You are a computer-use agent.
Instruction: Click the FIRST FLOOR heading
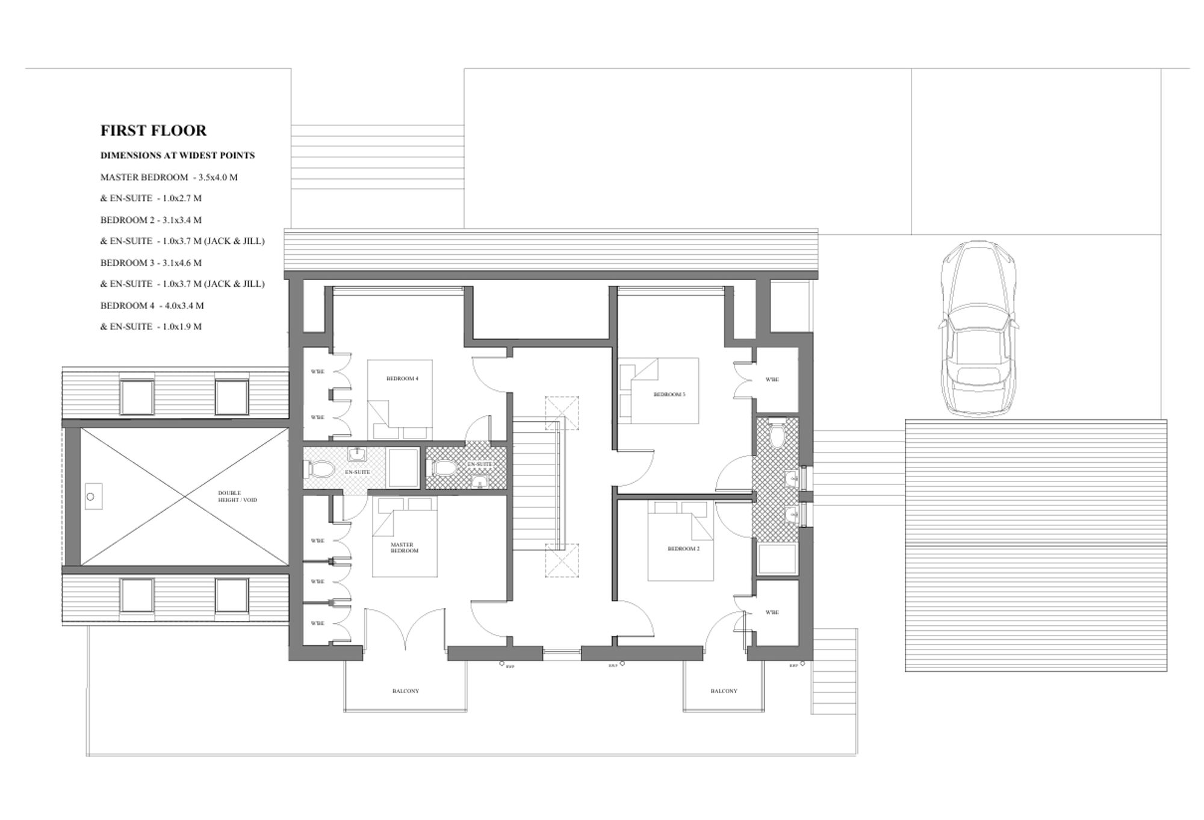click(153, 130)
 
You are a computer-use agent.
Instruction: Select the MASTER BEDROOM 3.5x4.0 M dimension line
click(169, 177)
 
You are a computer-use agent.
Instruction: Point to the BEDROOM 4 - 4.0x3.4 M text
click(152, 305)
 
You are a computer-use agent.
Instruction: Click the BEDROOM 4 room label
click(402, 378)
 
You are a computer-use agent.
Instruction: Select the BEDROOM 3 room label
click(669, 394)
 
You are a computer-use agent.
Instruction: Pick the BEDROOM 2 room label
click(683, 549)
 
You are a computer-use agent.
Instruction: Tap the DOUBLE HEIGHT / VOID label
click(237, 496)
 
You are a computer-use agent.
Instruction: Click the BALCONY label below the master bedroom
click(405, 691)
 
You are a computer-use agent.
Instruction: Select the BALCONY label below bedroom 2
click(724, 691)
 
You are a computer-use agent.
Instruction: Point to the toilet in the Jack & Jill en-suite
click(777, 434)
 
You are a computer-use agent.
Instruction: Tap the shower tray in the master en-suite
click(403, 468)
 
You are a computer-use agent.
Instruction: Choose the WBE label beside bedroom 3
click(772, 380)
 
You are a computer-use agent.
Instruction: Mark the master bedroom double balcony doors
click(405, 630)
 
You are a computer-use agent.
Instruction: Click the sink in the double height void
click(92, 496)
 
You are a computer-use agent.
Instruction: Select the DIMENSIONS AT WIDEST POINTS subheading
click(177, 155)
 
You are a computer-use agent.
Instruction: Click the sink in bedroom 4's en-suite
click(479, 482)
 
